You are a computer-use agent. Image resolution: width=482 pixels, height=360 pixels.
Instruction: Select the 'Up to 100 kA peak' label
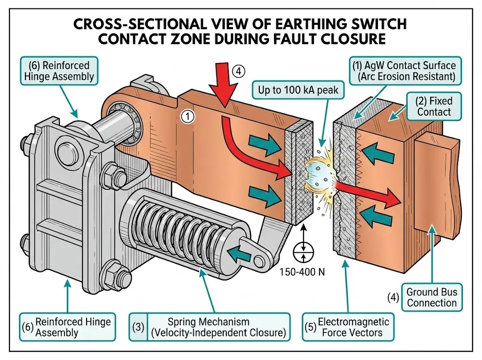(297, 90)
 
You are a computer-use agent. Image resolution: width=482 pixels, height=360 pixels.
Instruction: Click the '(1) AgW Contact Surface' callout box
(406, 70)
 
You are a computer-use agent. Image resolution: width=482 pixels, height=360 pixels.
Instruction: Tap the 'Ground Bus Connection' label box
(432, 297)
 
